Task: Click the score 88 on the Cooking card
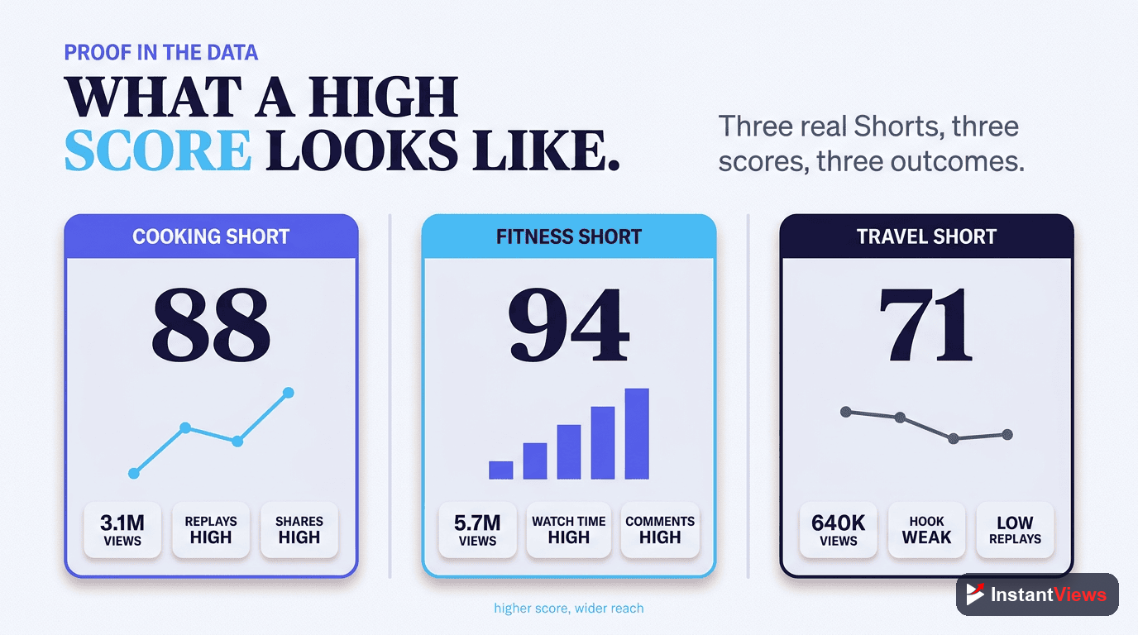(211, 325)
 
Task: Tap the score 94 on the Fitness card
(568, 325)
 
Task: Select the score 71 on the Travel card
(925, 325)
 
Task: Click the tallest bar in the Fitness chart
(637, 434)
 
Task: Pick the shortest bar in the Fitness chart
(501, 470)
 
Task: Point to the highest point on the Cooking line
(289, 393)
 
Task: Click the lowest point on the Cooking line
(134, 474)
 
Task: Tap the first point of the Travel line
(846, 412)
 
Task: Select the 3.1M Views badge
(122, 530)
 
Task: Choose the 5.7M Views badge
(477, 530)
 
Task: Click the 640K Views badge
(839, 530)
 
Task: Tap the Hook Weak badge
(926, 530)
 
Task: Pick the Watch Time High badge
(569, 530)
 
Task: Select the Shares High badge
(299, 530)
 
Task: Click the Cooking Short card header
(212, 236)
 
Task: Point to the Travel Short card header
(926, 236)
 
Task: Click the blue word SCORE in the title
(158, 150)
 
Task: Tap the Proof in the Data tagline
(161, 53)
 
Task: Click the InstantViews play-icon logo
(975, 594)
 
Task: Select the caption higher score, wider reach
(568, 608)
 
